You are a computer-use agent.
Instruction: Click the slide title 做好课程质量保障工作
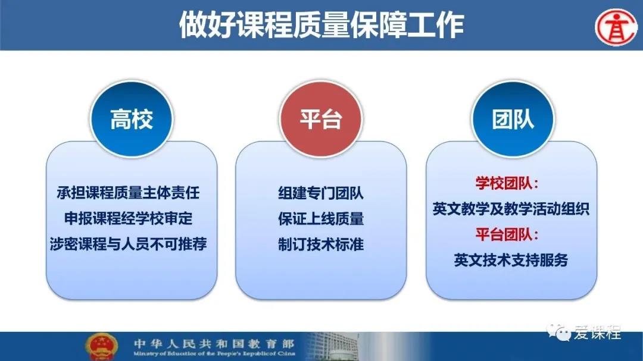[321, 25]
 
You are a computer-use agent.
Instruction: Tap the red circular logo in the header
[616, 27]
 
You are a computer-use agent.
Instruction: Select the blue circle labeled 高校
[132, 119]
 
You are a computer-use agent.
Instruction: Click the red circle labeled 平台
[321, 119]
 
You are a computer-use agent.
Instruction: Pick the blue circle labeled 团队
[513, 119]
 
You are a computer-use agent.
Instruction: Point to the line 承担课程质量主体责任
[129, 193]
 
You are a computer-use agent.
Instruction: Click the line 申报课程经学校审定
[129, 218]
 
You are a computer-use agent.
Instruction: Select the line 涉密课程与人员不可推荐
[129, 244]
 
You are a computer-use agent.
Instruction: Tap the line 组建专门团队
[321, 193]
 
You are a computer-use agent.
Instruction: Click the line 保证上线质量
[321, 219]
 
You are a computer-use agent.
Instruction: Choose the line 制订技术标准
[321, 244]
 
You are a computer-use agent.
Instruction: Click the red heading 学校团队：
[507, 183]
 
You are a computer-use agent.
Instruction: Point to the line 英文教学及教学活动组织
[511, 209]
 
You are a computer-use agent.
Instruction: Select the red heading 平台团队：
[507, 234]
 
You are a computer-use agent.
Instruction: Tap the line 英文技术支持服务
[511, 260]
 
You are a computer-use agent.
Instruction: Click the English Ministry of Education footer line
[214, 354]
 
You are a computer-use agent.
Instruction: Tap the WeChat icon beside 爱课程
[559, 332]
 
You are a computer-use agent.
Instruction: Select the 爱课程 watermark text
[598, 332]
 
